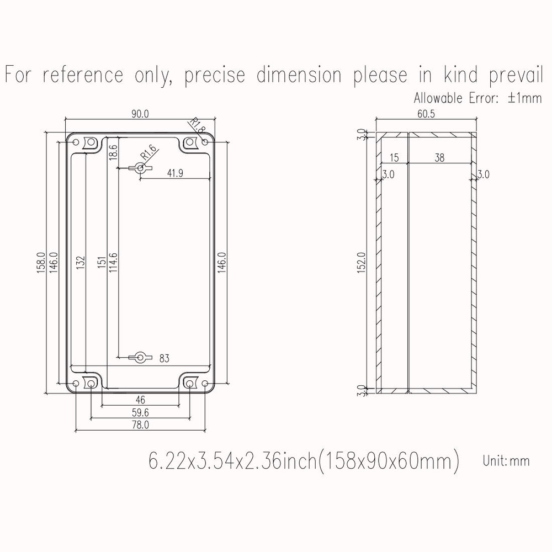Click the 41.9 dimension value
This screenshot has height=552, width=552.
coord(176,173)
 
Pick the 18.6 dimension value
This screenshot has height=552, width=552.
coord(113,153)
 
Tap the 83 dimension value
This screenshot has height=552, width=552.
coord(164,358)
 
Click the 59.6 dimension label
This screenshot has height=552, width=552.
coord(140,412)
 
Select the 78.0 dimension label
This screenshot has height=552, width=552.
coord(140,424)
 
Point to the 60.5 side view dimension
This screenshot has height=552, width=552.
coord(425,114)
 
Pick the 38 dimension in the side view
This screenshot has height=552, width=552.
coord(439,158)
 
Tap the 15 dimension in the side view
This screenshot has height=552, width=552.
coord(394,158)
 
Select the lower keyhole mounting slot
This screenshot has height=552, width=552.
coord(140,358)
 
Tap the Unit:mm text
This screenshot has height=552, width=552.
coord(506,460)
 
